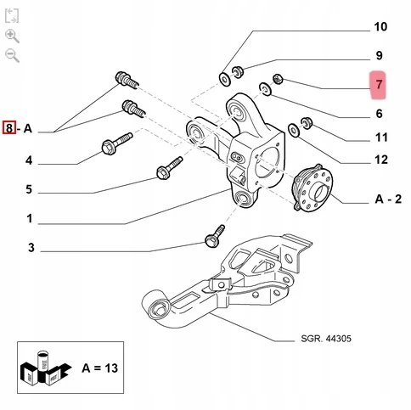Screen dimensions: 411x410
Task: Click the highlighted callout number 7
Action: pos(379,84)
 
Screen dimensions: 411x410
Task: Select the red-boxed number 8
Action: pos(9,127)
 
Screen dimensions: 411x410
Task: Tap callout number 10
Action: pos(380,27)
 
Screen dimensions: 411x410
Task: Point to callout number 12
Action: pos(381,160)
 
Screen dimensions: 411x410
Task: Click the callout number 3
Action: pos(31,248)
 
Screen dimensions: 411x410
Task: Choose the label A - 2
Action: pos(388,199)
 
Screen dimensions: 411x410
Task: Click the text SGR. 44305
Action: pos(326,339)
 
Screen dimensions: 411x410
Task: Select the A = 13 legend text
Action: pos(100,368)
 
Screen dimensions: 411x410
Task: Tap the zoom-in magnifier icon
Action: pos(12,36)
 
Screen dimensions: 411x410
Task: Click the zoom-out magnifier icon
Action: pos(12,55)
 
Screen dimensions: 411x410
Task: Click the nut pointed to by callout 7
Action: pos(278,79)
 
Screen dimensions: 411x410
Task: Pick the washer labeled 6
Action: pos(265,89)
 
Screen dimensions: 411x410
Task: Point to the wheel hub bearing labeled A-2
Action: pos(312,188)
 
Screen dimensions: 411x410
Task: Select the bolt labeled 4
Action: pos(116,143)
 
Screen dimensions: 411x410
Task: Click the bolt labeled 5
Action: pos(169,168)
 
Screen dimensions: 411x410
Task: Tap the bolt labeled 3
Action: pos(215,236)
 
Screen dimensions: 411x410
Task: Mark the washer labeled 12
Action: pos(294,130)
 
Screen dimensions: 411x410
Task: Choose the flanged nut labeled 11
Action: pos(307,123)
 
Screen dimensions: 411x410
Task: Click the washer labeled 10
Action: pos(225,79)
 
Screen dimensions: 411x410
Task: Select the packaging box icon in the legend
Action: pos(45,368)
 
